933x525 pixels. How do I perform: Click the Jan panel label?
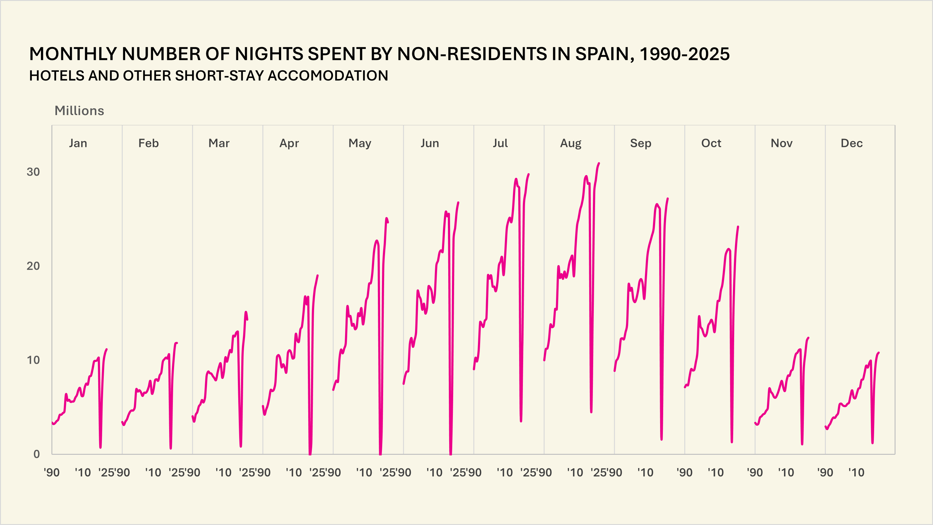tap(78, 143)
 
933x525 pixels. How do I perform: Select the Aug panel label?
tap(571, 143)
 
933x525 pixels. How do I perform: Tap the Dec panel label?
tap(852, 143)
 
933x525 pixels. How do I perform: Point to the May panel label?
tap(360, 143)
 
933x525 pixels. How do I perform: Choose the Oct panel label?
tap(711, 143)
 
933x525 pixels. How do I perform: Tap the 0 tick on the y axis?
tap(36, 454)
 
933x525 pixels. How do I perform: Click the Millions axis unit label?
tap(79, 111)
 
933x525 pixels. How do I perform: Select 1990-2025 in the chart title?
tap(684, 54)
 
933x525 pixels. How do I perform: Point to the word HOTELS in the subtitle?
tap(57, 75)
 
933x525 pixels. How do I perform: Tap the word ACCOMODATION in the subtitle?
tap(327, 75)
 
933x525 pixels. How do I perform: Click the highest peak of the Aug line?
tap(599, 164)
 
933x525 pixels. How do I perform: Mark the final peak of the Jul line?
tap(528, 174)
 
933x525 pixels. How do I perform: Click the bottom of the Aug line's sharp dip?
tap(591, 412)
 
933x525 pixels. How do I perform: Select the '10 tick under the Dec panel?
tap(856, 472)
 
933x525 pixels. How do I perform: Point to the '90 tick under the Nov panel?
tap(755, 472)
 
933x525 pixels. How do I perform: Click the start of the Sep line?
tap(615, 371)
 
